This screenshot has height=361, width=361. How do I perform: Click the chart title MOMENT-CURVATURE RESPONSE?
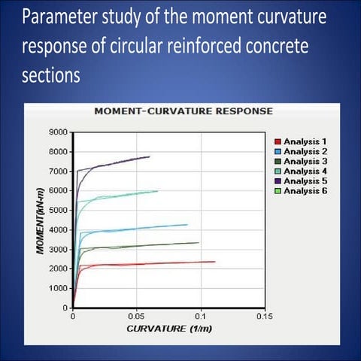tap(184, 111)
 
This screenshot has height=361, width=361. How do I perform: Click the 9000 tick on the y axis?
tap(58, 132)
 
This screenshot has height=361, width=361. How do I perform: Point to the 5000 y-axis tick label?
tap(58, 210)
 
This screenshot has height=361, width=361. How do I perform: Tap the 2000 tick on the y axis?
tap(58, 268)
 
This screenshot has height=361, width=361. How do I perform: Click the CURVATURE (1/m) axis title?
tap(168, 329)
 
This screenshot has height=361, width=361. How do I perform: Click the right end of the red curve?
tap(215, 262)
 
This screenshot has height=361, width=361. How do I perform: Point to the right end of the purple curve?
tap(150, 156)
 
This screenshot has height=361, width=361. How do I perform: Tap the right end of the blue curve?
tap(187, 224)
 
